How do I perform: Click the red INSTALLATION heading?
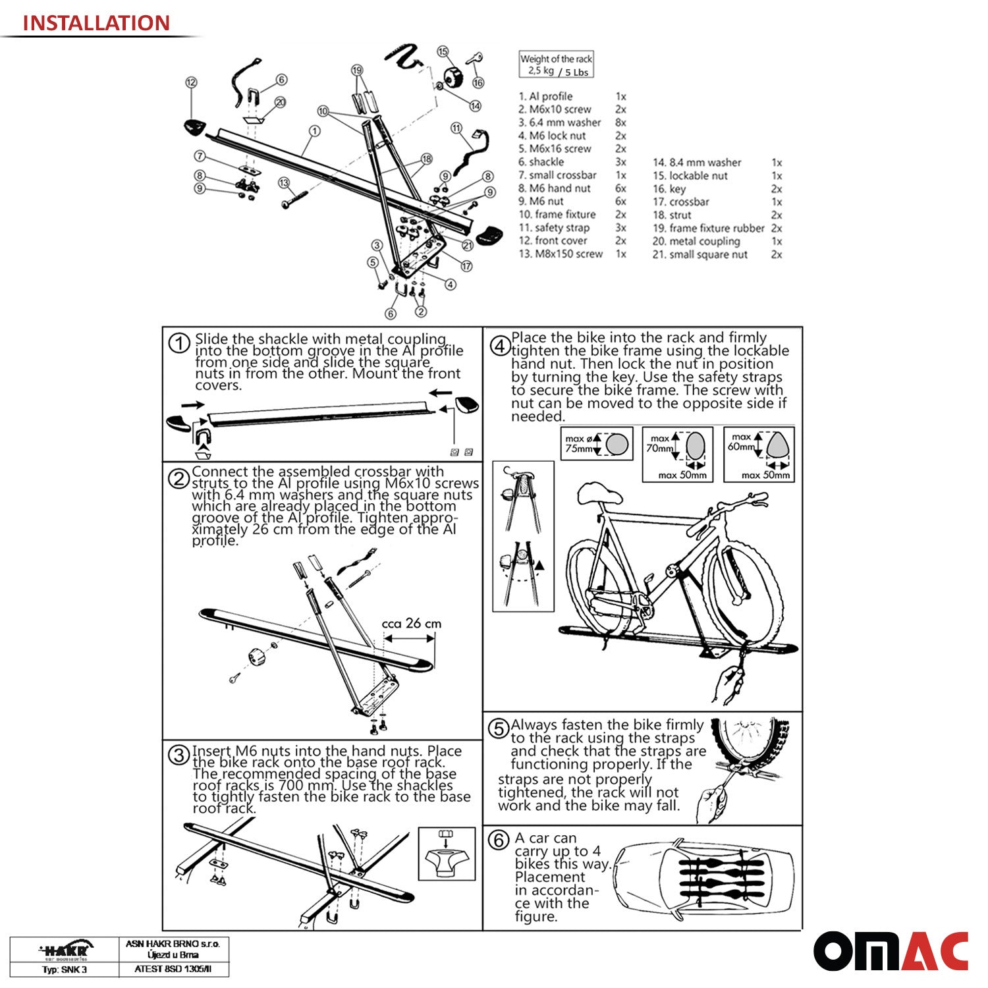point(96,23)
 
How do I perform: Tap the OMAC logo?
point(891,951)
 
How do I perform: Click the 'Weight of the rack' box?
point(557,65)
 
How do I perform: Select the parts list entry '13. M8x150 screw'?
point(561,254)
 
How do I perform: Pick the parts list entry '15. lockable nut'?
point(698,176)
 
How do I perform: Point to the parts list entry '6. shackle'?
point(541,162)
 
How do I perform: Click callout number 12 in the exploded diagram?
point(191,82)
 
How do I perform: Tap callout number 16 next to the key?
point(478,82)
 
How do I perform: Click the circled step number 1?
point(178,343)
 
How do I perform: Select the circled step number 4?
point(500,346)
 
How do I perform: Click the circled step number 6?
point(499,840)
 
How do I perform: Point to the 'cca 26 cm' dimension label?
point(412,623)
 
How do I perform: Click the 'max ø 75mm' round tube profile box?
point(597,443)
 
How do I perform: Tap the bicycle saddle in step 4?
point(599,495)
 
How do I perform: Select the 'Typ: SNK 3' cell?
point(65,969)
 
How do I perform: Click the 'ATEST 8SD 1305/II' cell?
point(173,969)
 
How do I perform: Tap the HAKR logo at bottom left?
point(65,950)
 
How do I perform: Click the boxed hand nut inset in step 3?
point(447,854)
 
